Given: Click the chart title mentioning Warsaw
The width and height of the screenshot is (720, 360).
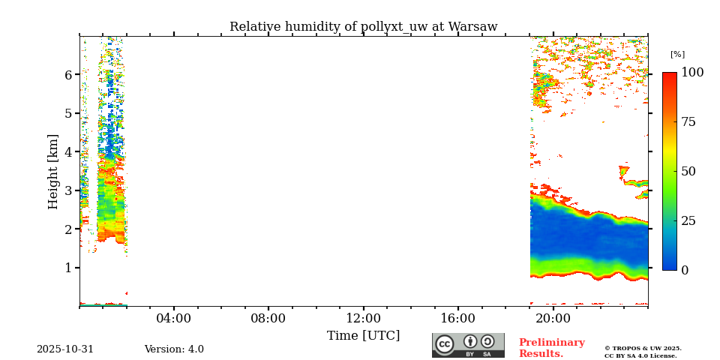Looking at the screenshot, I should point(363,27).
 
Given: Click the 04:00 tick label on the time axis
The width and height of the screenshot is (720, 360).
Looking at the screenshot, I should point(173,318).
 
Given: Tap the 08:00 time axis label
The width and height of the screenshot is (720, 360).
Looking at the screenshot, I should point(268,318).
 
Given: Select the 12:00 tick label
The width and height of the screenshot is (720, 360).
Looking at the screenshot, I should point(363,318).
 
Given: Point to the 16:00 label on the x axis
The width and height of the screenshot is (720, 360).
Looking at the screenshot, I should point(457,318).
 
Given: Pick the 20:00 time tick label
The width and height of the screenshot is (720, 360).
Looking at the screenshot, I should point(553,318).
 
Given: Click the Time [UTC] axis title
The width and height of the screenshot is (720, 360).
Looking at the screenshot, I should point(363,335).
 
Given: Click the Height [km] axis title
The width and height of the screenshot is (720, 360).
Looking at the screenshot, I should point(53,171).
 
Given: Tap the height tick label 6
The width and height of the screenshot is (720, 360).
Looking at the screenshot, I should point(67,75).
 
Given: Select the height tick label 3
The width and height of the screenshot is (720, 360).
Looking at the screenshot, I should point(67,190).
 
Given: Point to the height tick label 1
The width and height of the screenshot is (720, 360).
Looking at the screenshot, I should point(67,268).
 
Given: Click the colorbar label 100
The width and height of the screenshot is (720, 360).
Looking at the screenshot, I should point(691,73).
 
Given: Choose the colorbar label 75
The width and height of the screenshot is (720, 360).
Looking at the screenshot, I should point(688,122).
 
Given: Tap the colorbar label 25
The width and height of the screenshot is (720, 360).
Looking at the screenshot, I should point(688,220).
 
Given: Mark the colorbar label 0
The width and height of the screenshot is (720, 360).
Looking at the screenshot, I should point(684,270).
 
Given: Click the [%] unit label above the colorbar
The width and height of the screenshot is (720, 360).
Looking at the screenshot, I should point(677,55).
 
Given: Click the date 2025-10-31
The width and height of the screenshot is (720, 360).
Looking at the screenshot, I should point(65,349).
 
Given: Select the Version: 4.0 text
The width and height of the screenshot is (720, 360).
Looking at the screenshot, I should point(174,349).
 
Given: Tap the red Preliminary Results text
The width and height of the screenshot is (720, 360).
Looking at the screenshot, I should point(551,348).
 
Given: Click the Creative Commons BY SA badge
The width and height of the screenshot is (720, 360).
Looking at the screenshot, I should point(468,345).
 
